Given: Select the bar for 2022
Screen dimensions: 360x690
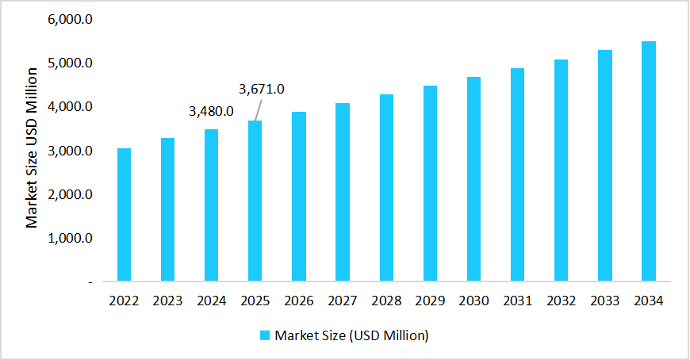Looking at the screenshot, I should coord(124,215).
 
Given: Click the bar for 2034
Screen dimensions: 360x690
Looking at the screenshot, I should coord(648,161).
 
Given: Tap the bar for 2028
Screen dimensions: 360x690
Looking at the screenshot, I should coord(386,188).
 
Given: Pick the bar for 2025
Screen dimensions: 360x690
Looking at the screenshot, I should coord(255,201).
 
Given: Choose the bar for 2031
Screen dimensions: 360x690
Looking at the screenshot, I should coord(517,174).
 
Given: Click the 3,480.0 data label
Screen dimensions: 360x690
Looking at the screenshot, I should coord(211,111).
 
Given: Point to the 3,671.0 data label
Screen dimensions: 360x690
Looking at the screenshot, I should coord(262,89).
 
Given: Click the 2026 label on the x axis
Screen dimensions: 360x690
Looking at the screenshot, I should coord(299,301).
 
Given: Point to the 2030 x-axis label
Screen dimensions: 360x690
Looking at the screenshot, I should coord(473,301).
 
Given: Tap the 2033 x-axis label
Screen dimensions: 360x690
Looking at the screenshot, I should coord(604,301).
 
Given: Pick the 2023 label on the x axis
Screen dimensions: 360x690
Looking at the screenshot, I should coord(168,301).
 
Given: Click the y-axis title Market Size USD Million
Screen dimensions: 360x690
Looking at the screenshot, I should coord(32,148).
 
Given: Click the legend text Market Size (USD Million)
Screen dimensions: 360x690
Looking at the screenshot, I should coord(351,335).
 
